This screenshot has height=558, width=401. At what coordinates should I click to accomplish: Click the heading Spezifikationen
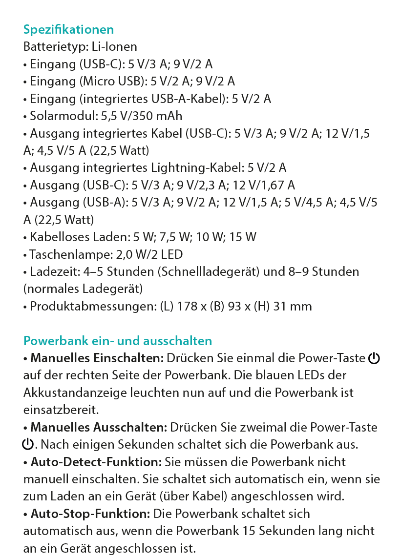[68, 30]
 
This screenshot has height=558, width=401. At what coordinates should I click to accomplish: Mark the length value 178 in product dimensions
[193, 307]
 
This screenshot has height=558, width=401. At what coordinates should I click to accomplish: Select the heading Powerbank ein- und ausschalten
[118, 341]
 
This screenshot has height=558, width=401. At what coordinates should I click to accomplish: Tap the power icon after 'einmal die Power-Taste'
[374, 359]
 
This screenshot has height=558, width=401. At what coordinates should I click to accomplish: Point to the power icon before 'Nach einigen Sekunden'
[28, 445]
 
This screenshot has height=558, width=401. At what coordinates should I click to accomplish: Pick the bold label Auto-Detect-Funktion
[96, 462]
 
